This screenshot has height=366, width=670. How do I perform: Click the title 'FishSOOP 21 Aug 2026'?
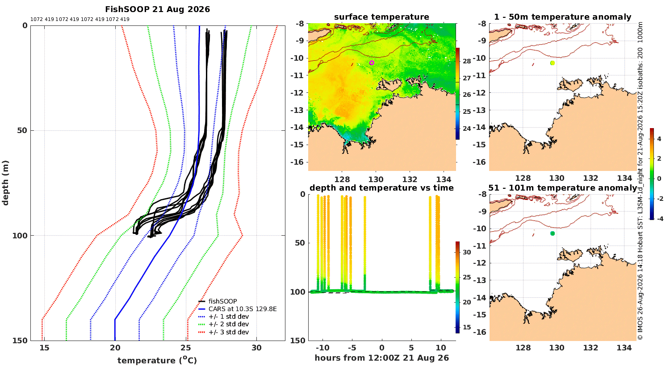(x=157, y=9)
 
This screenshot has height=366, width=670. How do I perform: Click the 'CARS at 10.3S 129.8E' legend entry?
(x=243, y=309)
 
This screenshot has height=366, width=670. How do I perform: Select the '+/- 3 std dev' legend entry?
(x=229, y=332)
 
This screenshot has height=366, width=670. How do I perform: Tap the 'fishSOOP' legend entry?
(x=223, y=301)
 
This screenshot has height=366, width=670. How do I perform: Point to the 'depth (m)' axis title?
(x=5, y=183)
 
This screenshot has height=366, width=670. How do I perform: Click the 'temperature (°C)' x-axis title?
(x=157, y=360)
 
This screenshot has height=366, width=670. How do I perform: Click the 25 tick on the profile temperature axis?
(x=186, y=348)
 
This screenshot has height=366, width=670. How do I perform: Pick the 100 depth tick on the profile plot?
(x=20, y=235)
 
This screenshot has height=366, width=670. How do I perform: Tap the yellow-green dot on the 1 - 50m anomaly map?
(x=553, y=63)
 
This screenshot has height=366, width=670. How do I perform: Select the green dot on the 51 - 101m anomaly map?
(x=553, y=233)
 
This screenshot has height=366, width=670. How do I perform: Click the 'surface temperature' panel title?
(x=381, y=17)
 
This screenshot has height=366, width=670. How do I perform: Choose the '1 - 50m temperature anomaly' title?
(x=563, y=17)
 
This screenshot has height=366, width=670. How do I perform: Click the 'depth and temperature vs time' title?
(x=381, y=187)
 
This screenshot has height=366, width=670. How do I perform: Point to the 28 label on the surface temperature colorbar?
(x=467, y=61)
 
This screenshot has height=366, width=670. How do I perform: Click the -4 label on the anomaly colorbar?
(x=660, y=219)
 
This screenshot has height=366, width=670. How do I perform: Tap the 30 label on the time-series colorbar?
(x=467, y=252)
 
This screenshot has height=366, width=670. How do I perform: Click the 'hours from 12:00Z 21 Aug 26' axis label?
(x=381, y=358)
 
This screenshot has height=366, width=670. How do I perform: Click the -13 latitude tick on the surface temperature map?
(x=297, y=110)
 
